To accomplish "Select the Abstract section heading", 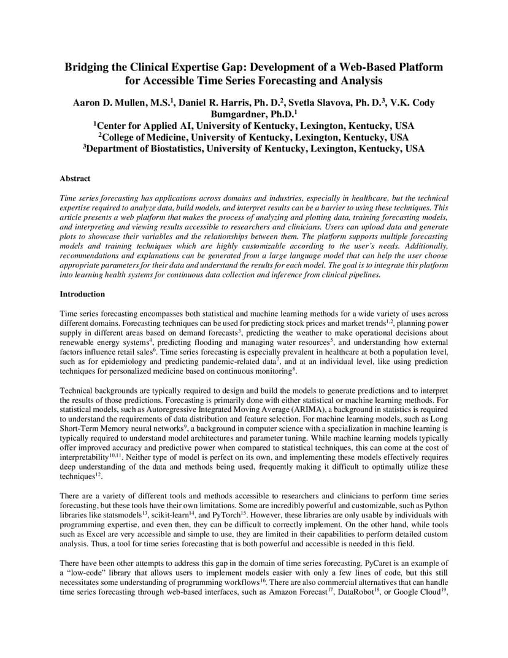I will click(75, 179).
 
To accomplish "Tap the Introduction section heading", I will click(82, 294).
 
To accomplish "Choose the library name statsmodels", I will click(120, 514).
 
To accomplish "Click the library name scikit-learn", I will click(167, 514).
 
